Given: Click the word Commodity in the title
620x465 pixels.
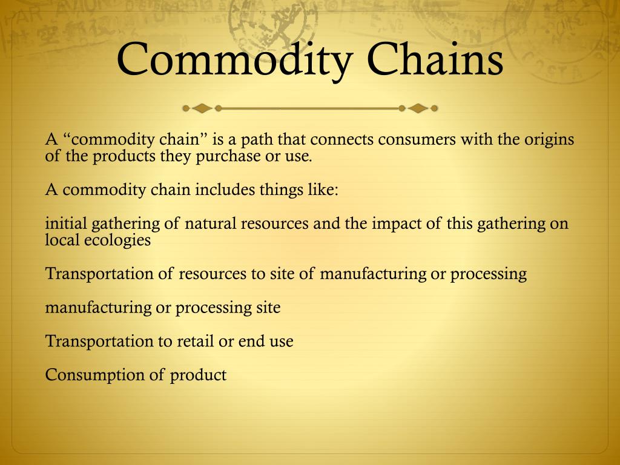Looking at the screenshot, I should (233, 59).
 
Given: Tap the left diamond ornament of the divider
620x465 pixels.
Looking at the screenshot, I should (202, 109).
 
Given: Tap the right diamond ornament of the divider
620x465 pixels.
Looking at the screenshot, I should (417, 109).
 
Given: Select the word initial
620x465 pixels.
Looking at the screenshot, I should (66, 223).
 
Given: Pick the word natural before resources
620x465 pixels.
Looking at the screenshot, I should (211, 223).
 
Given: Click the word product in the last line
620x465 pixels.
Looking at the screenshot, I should (198, 375).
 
